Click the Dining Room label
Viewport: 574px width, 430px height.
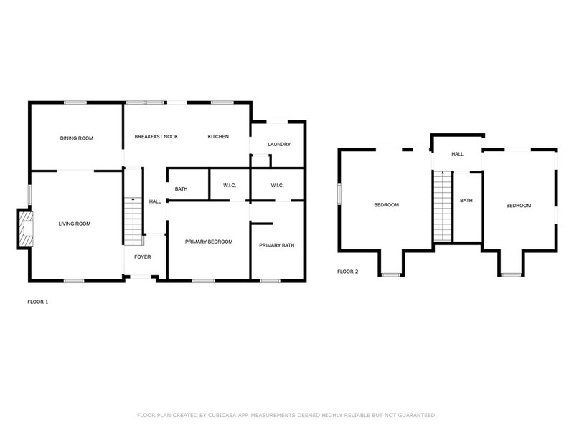(76, 138)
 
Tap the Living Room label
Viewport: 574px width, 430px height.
(75, 224)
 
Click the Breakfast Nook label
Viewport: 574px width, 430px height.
(156, 137)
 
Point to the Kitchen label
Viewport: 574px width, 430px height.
(218, 137)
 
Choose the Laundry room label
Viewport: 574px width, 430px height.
(278, 145)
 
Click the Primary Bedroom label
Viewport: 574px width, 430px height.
(209, 242)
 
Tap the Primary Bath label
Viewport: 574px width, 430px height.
(277, 245)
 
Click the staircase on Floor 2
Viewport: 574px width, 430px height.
(443, 206)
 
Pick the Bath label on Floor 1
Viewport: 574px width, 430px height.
(182, 189)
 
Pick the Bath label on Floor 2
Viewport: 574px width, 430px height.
(466, 201)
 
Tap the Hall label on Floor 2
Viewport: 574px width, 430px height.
(457, 154)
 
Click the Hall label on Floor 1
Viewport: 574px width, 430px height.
(155, 202)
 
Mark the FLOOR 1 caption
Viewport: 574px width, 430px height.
(37, 302)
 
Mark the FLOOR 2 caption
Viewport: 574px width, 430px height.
(348, 272)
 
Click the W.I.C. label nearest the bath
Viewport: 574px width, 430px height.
(230, 186)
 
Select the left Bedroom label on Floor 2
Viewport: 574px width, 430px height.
(386, 206)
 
